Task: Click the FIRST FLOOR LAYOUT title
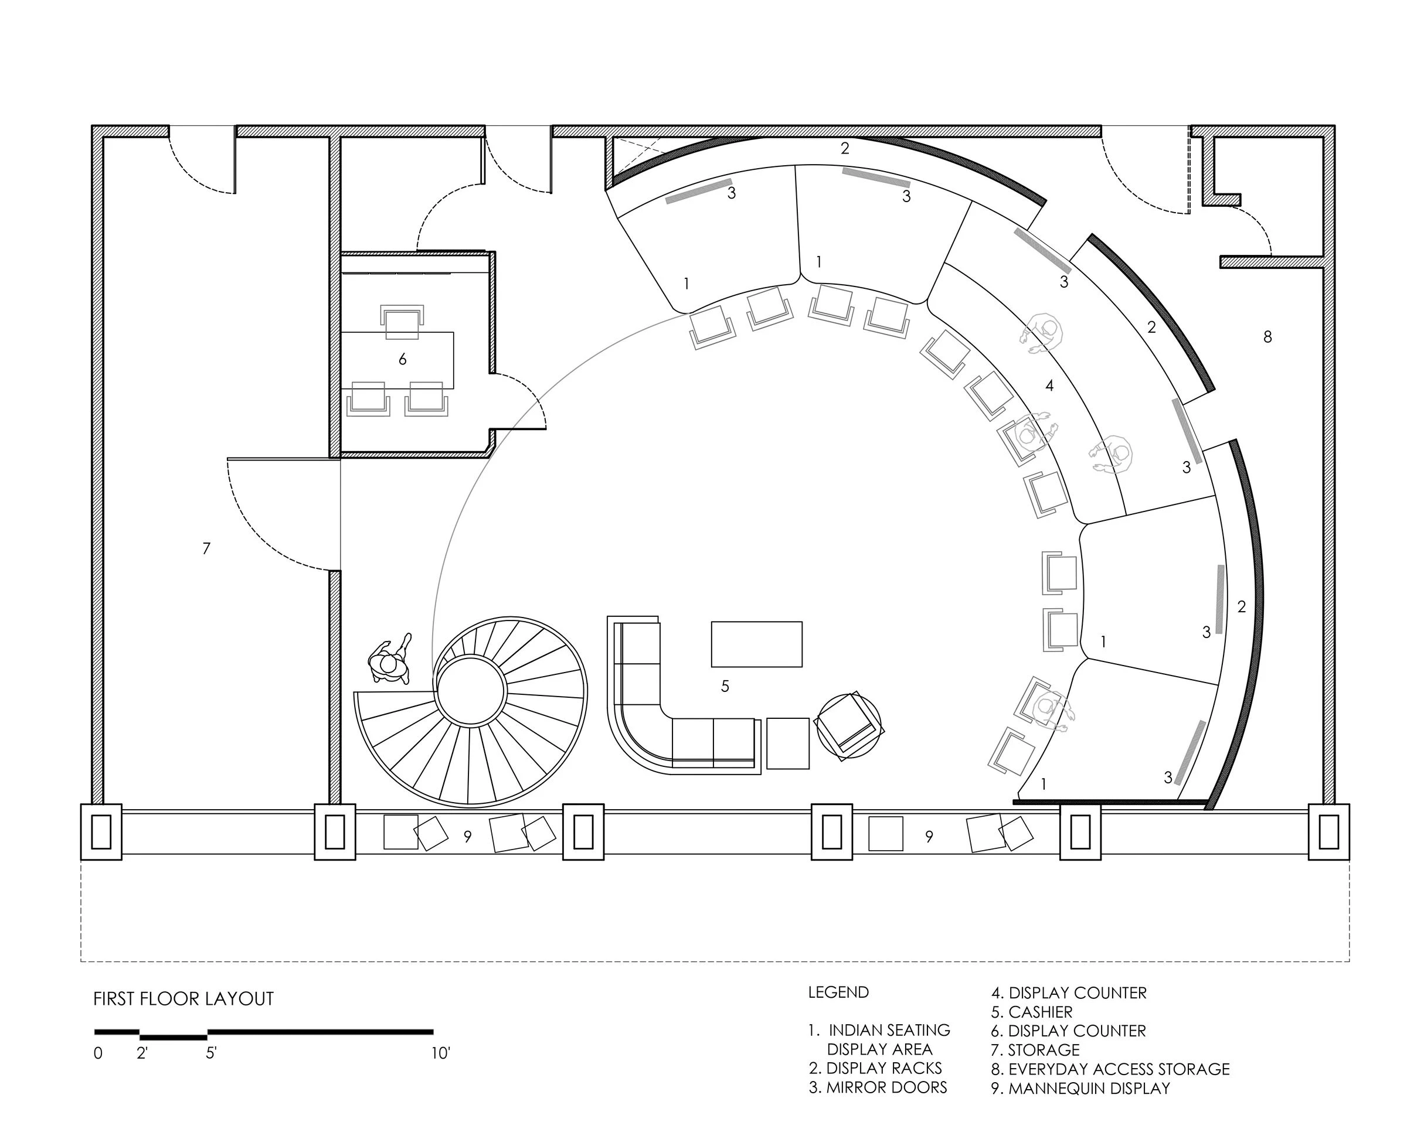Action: (x=183, y=998)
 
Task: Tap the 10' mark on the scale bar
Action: (x=440, y=1053)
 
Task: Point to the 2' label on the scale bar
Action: (x=142, y=1053)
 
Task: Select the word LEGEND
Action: (x=838, y=992)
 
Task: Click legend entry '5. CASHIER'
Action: (x=1032, y=1012)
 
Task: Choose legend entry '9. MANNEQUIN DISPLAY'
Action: (x=1080, y=1088)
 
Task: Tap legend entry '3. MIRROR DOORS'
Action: (x=878, y=1087)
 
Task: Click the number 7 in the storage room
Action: (x=206, y=548)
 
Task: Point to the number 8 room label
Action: (x=1267, y=337)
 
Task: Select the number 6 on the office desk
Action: (x=403, y=359)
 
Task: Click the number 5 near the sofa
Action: (x=725, y=686)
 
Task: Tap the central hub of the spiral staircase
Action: (x=471, y=692)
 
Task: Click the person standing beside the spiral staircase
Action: (x=390, y=660)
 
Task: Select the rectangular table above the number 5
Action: (x=756, y=644)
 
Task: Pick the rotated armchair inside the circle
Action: (x=848, y=726)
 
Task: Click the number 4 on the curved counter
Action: (x=1049, y=386)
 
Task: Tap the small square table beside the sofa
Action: (x=788, y=743)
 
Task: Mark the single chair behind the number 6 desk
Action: (x=402, y=322)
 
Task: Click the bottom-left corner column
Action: (x=101, y=831)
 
